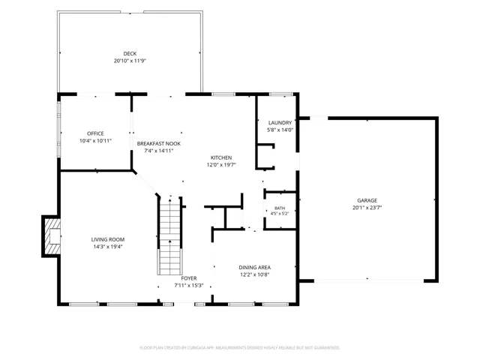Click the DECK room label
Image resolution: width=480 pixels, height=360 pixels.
point(130,53)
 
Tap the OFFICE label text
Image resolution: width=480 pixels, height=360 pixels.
point(95,133)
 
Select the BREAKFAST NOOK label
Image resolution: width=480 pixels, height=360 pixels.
point(158,143)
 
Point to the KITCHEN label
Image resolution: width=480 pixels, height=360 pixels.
point(221,157)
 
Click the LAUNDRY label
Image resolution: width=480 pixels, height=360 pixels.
point(280,123)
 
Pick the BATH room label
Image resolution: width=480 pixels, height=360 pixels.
point(280,208)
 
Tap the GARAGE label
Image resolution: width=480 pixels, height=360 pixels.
point(367,200)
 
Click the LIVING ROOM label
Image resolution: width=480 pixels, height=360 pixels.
point(108,240)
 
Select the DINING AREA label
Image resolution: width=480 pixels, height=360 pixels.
point(255,268)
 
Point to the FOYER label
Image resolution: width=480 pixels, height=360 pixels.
point(189,278)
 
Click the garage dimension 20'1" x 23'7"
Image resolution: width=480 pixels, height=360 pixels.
point(367,208)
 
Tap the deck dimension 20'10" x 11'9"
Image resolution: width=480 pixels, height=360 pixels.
point(130,61)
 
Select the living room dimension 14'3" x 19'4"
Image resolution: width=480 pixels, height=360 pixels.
point(108,247)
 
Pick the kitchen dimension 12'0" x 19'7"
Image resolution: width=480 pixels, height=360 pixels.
point(221,165)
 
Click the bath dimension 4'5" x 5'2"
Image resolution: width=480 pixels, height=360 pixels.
point(280,214)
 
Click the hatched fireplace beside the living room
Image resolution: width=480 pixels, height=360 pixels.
point(51,236)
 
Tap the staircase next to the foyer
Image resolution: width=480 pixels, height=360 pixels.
point(170,235)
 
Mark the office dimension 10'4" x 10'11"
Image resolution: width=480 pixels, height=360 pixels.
point(95,141)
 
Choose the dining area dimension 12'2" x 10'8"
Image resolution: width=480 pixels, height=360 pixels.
point(255,274)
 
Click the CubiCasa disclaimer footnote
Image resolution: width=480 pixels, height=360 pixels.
point(240,348)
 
